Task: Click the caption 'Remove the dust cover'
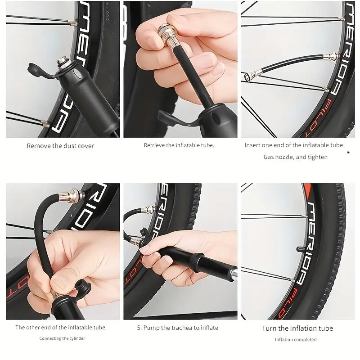[x=60, y=146]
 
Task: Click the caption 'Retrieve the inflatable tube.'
[x=179, y=145]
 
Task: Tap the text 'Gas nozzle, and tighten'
[x=296, y=157]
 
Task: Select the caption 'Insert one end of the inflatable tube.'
[x=295, y=145]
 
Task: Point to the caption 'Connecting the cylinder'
[x=62, y=338]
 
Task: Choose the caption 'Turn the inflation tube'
[x=297, y=328]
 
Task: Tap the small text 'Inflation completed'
[x=296, y=339]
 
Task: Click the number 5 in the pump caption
[x=139, y=328]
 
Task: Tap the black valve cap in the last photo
[x=301, y=249]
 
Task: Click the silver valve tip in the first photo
[x=62, y=62]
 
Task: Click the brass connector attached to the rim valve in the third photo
[x=331, y=56]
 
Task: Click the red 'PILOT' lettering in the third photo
[x=317, y=118]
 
